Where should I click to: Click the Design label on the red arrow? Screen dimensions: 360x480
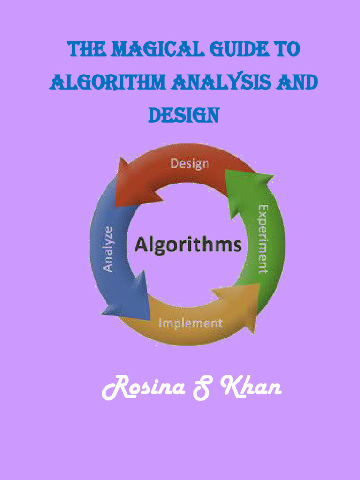pyautogui.click(x=189, y=164)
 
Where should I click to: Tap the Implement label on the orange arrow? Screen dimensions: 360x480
pyautogui.click(x=190, y=323)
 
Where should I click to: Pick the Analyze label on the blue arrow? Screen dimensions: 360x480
pyautogui.click(x=108, y=249)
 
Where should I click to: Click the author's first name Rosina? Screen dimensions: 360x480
pyautogui.click(x=143, y=389)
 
